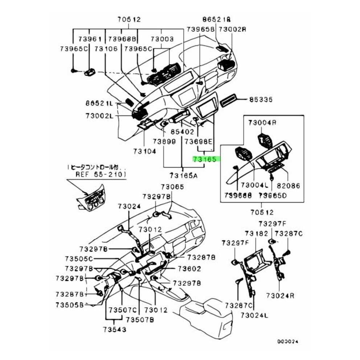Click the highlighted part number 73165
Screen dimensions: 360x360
205,159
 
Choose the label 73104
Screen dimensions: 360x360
144,151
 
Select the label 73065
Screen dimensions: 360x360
173,187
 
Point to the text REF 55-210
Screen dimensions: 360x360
101,174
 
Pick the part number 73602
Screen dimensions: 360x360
189,269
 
